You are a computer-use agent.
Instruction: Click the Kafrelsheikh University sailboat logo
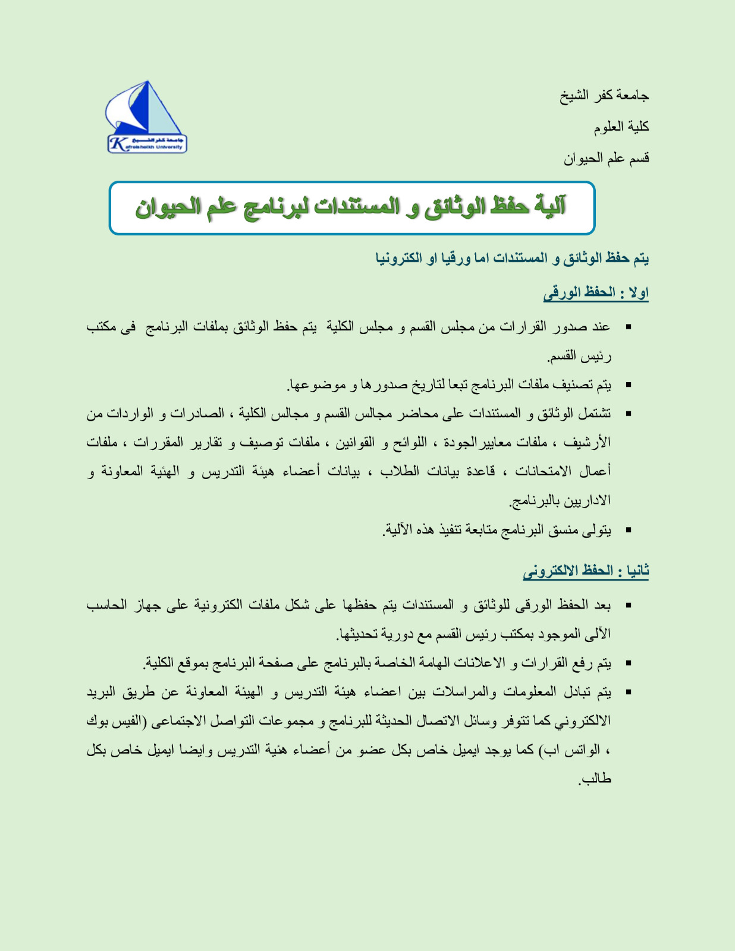[x=146, y=118]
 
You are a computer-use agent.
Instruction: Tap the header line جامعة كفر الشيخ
[x=604, y=95]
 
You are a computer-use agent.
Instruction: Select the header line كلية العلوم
[x=621, y=127]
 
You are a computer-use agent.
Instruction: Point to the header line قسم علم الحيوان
[x=606, y=158]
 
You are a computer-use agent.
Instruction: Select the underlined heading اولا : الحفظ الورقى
[x=595, y=292]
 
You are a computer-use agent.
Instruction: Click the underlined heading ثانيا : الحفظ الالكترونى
[x=586, y=571]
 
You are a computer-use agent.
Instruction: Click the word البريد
[x=105, y=692]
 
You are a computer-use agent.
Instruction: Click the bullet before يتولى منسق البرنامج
[x=628, y=530]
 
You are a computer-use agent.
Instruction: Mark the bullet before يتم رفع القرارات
[x=628, y=663]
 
